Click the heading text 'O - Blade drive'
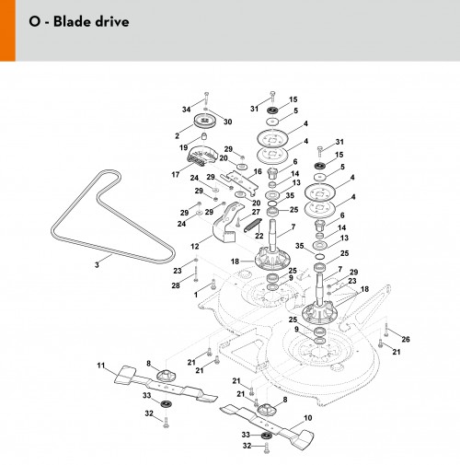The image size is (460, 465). (x=79, y=22)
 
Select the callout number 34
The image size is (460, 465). (x=186, y=110)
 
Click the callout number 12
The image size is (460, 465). (x=195, y=246)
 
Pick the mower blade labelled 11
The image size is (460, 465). (x=166, y=384)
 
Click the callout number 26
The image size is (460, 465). (x=406, y=339)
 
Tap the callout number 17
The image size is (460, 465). (x=176, y=174)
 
